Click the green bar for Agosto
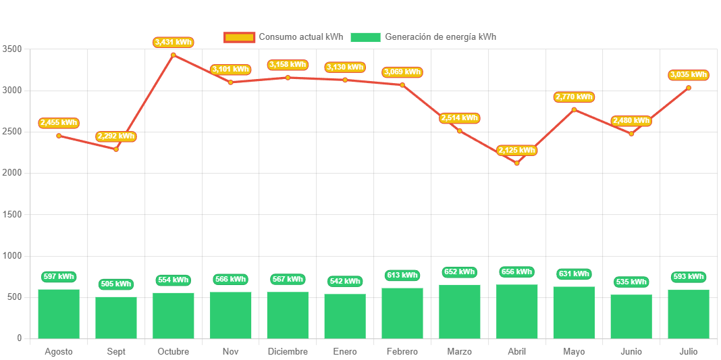(x=59, y=313)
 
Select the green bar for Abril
(x=517, y=311)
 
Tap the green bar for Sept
(x=116, y=317)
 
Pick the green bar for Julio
(x=689, y=314)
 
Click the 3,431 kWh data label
(x=173, y=42)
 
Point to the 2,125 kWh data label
(x=517, y=150)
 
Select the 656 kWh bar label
(x=517, y=272)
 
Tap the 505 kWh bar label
(x=116, y=284)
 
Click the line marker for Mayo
(x=574, y=109)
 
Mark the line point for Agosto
(x=59, y=136)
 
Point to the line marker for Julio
(x=689, y=88)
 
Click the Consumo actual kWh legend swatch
(x=239, y=37)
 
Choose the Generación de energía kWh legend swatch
(x=365, y=37)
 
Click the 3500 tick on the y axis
(x=12, y=49)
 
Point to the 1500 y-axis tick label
(x=12, y=214)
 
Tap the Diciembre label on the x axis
(x=288, y=352)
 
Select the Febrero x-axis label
(x=402, y=352)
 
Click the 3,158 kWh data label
(x=288, y=65)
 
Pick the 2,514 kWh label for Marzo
(x=460, y=118)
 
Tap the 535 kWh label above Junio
(x=631, y=282)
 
